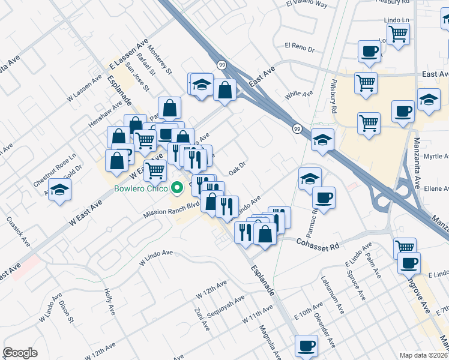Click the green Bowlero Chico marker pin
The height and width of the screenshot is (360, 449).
tap(177, 188)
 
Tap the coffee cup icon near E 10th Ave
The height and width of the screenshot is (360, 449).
tap(306, 346)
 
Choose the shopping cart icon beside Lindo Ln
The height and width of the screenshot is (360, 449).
tap(397, 35)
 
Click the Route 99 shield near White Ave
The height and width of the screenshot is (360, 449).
tap(297, 129)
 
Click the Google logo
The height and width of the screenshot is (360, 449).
tap(20, 353)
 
